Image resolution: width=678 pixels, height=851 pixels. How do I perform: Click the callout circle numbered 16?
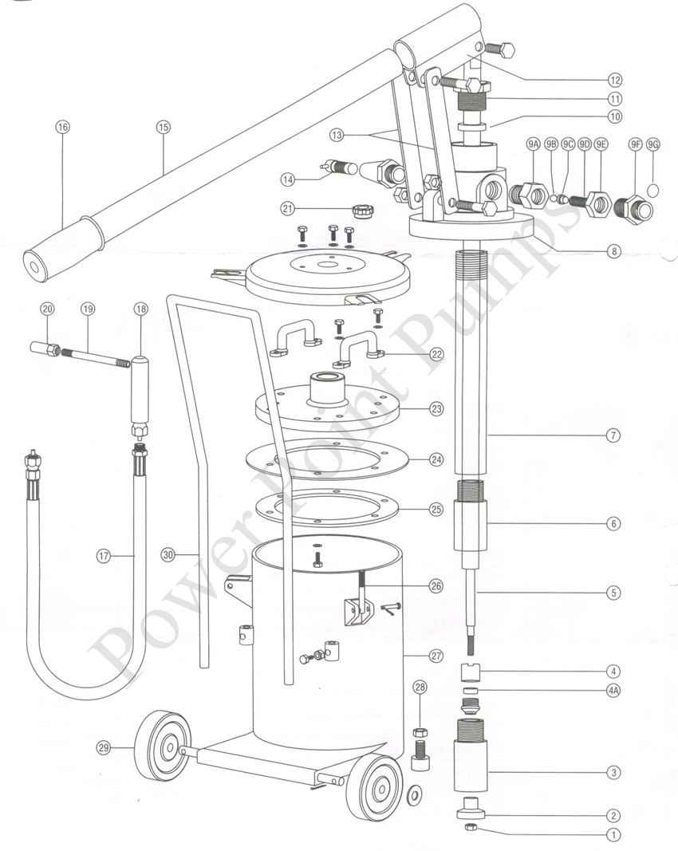pos(62,127)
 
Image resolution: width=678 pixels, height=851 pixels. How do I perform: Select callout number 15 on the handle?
pos(164,127)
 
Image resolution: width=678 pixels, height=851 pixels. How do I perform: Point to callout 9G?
pos(654,144)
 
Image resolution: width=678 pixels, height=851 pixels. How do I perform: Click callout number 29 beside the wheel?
pos(103,747)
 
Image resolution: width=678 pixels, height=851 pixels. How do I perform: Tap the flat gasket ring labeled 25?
pos(329,510)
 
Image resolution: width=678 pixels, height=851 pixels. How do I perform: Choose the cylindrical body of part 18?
pos(141,393)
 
